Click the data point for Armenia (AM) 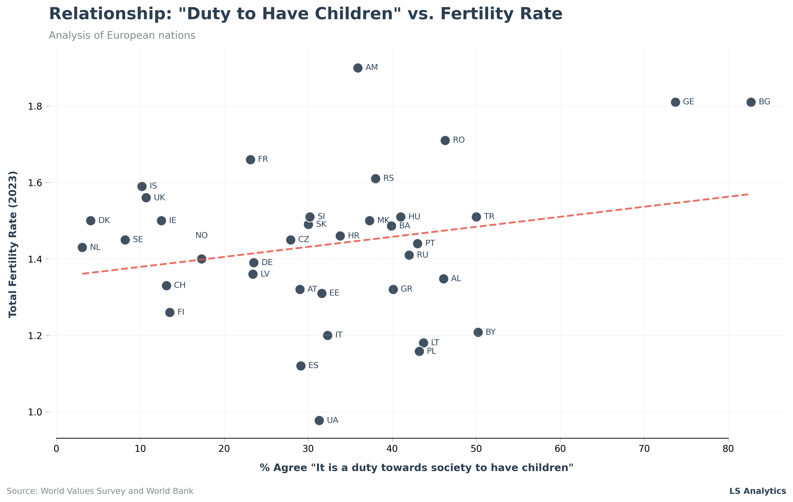[358, 68]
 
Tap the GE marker [675, 102]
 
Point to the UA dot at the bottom [319, 420]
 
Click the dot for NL [82, 247]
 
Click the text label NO [202, 235]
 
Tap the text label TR [489, 216]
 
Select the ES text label [313, 365]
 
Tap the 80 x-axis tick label [728, 449]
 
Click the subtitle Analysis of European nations [122, 35]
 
